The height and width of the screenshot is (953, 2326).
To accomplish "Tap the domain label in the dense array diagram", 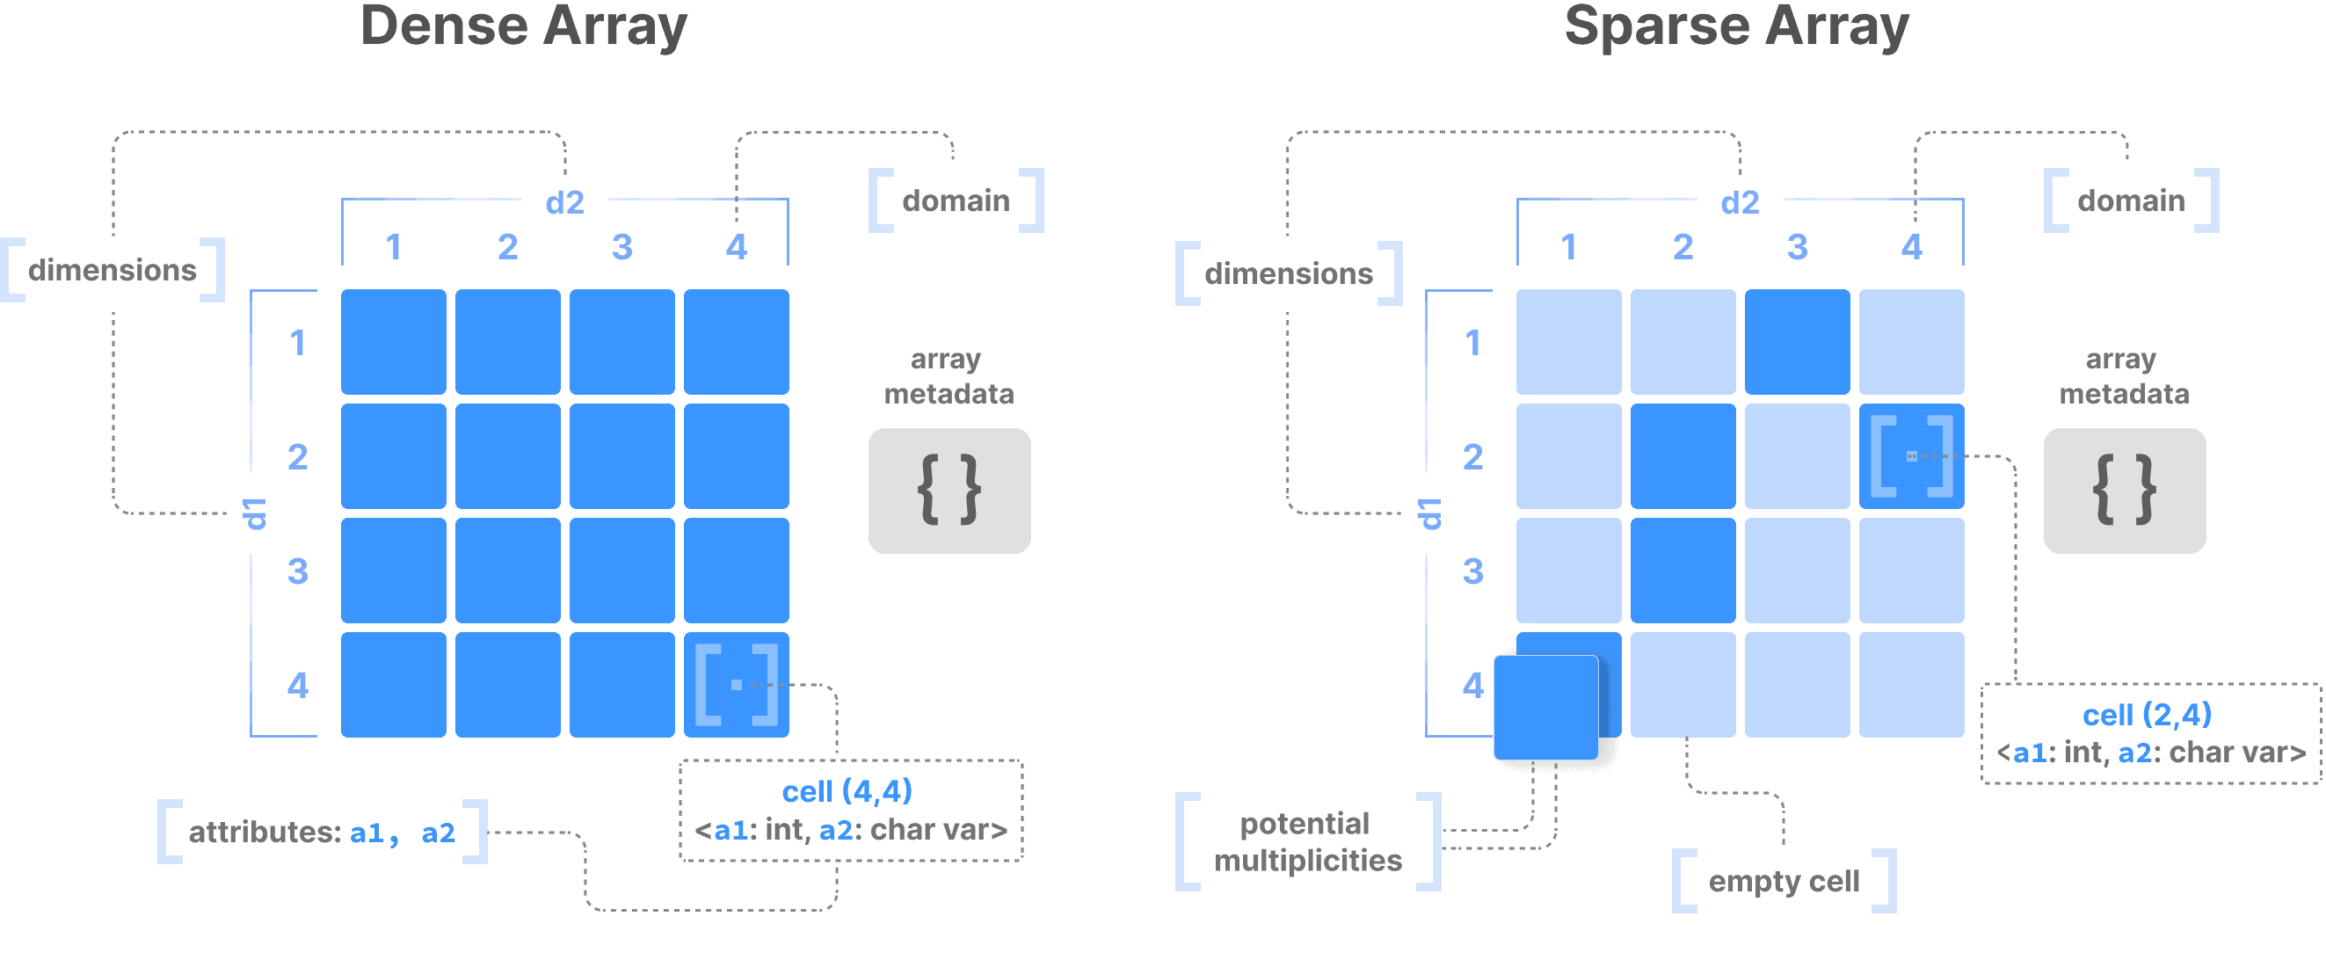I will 956,200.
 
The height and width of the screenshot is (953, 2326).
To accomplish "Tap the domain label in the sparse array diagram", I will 2131,200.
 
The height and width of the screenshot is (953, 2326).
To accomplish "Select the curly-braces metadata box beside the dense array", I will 949,491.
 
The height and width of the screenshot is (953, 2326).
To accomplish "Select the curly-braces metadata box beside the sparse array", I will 2124,491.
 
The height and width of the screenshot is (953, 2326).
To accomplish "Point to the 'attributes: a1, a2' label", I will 323,832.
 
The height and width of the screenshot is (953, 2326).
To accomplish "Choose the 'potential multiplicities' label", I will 1307,842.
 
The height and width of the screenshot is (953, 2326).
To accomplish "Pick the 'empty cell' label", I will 1784,881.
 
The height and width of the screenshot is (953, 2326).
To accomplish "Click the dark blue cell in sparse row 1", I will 1797,341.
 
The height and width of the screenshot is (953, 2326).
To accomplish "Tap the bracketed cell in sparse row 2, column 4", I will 1912,456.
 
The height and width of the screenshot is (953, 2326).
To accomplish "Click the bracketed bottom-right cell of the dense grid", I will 736,685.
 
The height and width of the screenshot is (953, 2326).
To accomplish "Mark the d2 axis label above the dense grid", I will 564,202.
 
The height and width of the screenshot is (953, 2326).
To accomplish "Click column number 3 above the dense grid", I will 622,247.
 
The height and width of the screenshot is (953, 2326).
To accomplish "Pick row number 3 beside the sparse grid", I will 1472,571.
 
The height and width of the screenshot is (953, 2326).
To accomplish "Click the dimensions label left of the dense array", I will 113,269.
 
